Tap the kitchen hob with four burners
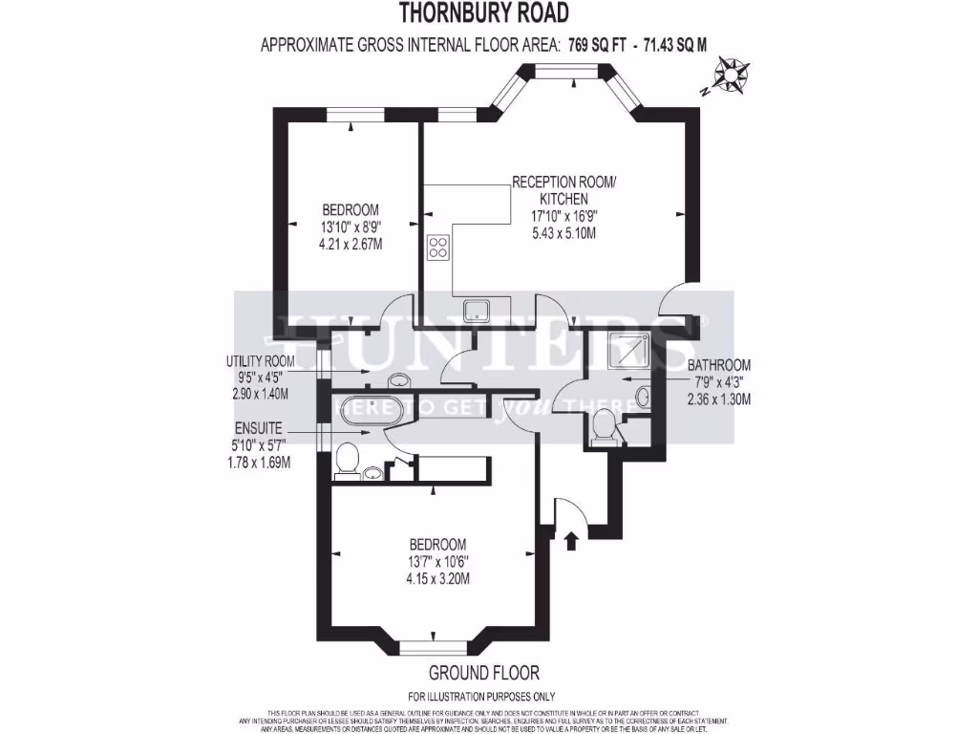(438, 248)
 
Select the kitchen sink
(476, 310)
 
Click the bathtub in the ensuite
(368, 408)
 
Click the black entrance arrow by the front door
(572, 541)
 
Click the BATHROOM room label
(719, 365)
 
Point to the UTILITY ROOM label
(260, 361)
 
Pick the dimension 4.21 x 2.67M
(351, 244)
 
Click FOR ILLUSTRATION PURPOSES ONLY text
(481, 697)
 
